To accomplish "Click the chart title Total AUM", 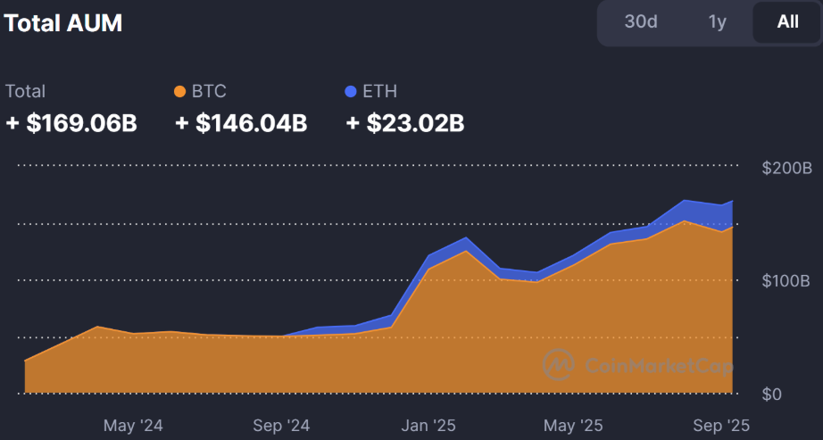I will pyautogui.click(x=64, y=23).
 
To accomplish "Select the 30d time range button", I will pyautogui.click(x=641, y=22).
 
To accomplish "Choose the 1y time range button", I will pyautogui.click(x=718, y=22).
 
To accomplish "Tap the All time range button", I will pyautogui.click(x=787, y=22).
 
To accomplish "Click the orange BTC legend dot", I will pyautogui.click(x=180, y=91).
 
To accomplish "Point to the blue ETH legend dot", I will pyautogui.click(x=350, y=91).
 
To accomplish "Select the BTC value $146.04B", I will pyautogui.click(x=241, y=123).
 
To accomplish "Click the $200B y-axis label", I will pyautogui.click(x=786, y=168).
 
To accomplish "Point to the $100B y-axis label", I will pyautogui.click(x=786, y=281).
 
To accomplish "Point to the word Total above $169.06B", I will pyautogui.click(x=25, y=91).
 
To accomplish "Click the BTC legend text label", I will pyautogui.click(x=209, y=91).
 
